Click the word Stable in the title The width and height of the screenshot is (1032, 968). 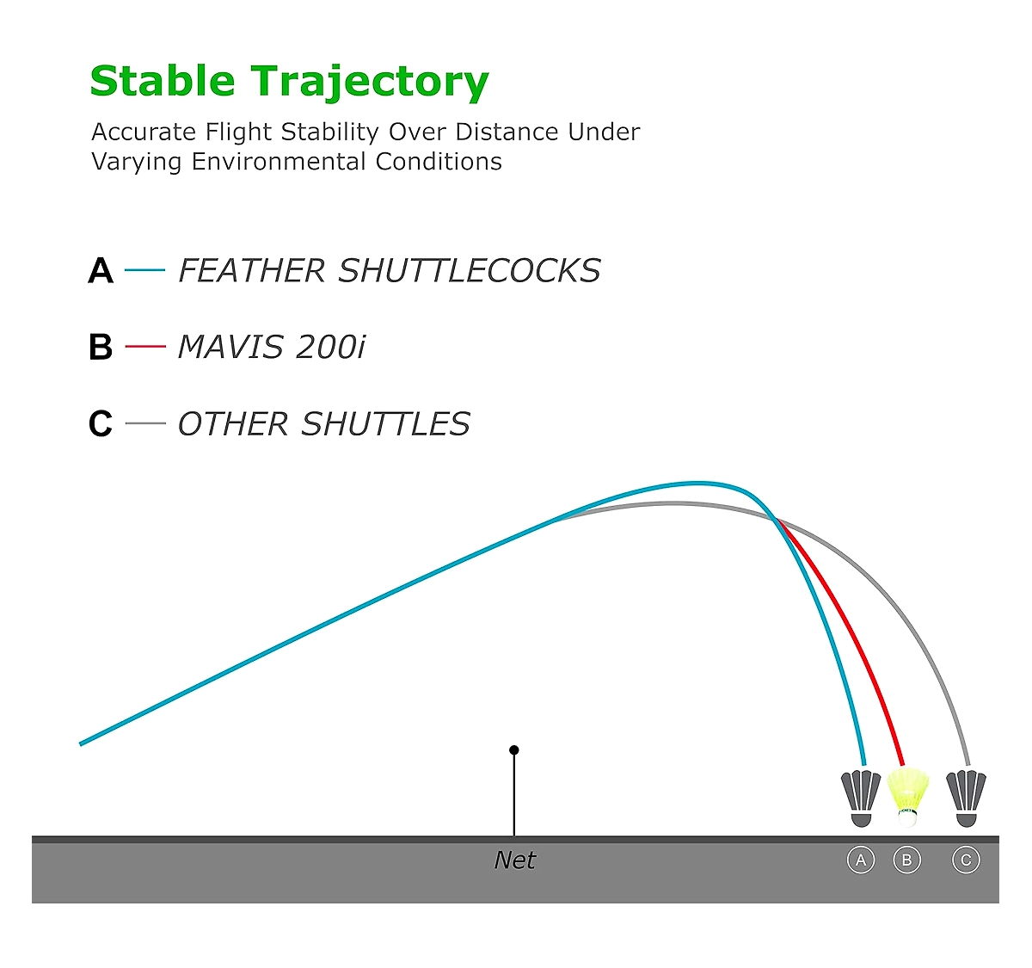click(x=163, y=81)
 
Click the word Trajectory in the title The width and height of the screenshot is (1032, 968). click(x=370, y=83)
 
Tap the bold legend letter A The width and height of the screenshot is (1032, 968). click(x=101, y=270)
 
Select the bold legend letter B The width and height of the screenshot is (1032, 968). click(x=101, y=347)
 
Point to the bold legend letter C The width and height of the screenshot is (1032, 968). click(x=101, y=423)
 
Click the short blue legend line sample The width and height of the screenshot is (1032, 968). click(x=145, y=270)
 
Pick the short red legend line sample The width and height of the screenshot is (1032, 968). click(x=145, y=346)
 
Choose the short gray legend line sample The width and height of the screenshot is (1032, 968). click(x=145, y=422)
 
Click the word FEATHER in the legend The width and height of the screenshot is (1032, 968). click(x=251, y=270)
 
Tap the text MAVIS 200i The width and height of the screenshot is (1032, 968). click(x=271, y=347)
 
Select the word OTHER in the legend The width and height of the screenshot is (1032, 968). click(x=233, y=424)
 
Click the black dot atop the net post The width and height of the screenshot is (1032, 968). click(x=514, y=750)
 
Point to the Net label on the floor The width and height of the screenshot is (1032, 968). click(x=514, y=860)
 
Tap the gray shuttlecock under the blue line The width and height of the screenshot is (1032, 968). click(x=861, y=798)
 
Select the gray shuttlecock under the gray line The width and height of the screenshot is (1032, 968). click(x=966, y=798)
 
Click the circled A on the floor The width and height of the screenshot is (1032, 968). click(x=861, y=860)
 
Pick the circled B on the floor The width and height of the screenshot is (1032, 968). click(x=906, y=860)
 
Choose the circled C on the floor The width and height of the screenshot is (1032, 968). click(x=966, y=860)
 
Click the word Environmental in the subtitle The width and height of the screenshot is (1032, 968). click(x=278, y=161)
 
